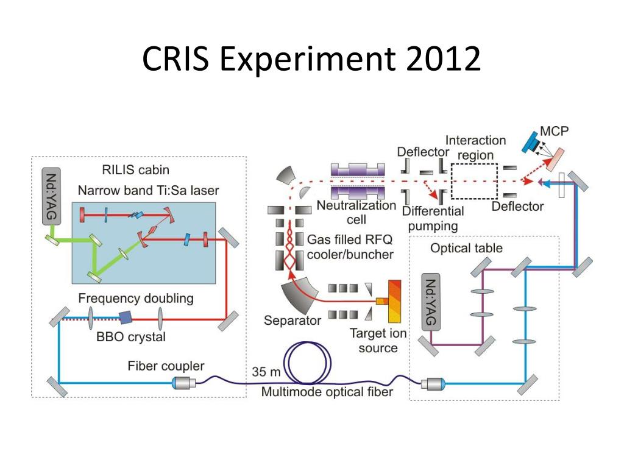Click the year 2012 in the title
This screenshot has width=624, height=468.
click(x=437, y=60)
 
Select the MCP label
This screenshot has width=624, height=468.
click(x=555, y=132)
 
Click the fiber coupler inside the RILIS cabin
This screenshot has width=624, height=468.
click(x=182, y=383)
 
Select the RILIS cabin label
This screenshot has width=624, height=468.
click(x=135, y=169)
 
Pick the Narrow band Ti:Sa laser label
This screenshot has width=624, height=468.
click(x=148, y=191)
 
